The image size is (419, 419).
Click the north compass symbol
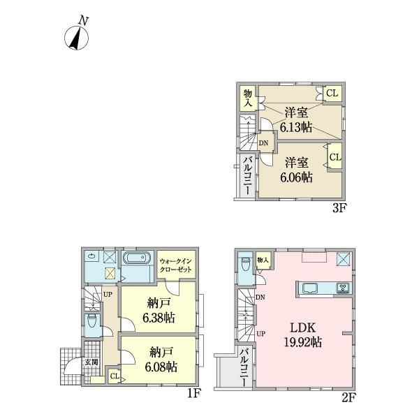(x=76, y=34)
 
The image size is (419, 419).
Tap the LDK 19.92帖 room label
(x=303, y=335)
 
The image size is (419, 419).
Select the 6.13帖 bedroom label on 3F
(x=296, y=120)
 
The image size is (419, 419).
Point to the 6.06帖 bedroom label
(x=296, y=170)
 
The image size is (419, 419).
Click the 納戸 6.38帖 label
(x=159, y=311)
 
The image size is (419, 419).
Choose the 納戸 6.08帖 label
(x=161, y=360)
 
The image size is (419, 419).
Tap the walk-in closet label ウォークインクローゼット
(x=175, y=265)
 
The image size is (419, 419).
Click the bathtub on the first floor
(x=136, y=258)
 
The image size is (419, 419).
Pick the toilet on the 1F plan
(x=92, y=321)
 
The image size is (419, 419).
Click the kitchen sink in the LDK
(x=309, y=288)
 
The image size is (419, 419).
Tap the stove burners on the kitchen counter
(x=343, y=288)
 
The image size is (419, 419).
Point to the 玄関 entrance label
(x=91, y=362)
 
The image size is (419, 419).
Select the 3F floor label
(x=339, y=208)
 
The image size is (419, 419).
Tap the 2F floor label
(x=348, y=398)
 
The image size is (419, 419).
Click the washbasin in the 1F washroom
(x=92, y=256)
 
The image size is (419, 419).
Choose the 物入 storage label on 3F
(x=248, y=98)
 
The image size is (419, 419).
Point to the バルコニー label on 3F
(x=247, y=175)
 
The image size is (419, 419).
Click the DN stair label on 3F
(x=263, y=143)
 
